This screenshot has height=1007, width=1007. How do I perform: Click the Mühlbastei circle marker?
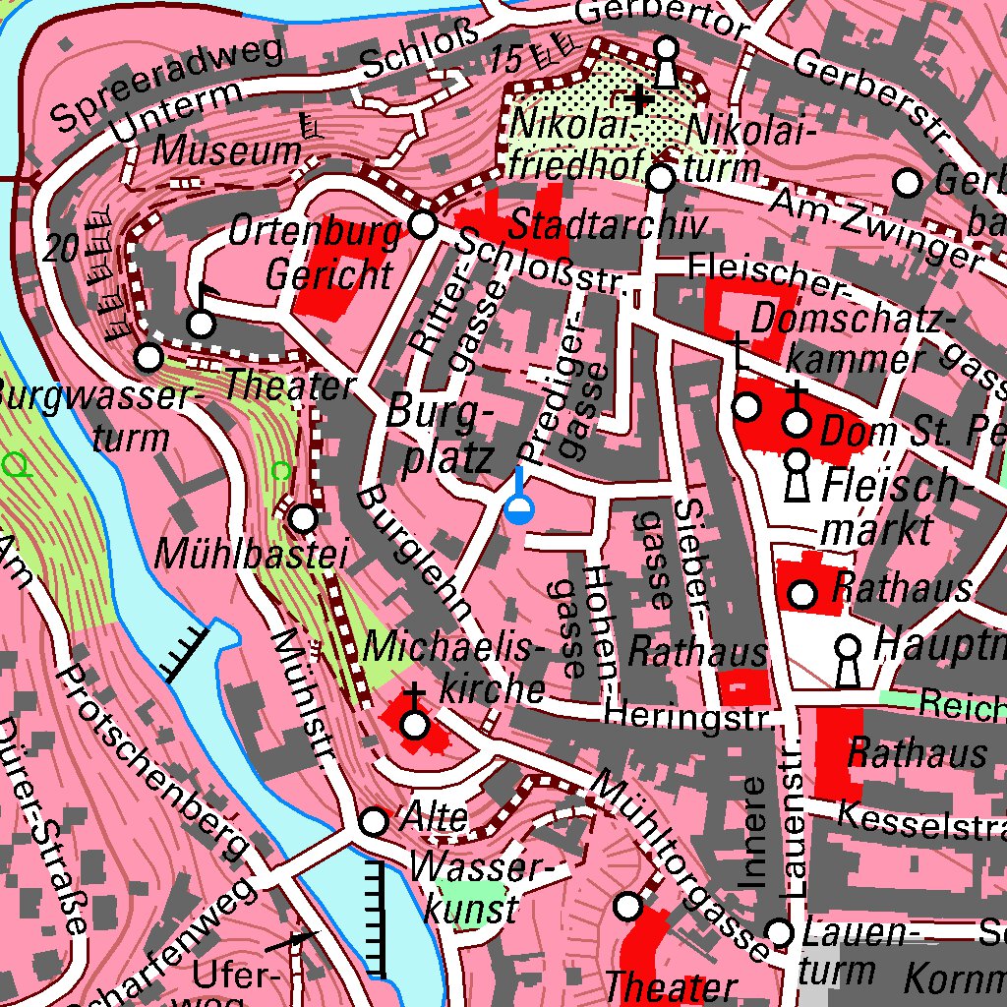pos(304,517)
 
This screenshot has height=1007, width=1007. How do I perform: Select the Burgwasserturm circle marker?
pos(149,357)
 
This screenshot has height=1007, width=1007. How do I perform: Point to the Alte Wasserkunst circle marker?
pos(374,821)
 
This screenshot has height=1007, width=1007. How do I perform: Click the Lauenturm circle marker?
pos(780,931)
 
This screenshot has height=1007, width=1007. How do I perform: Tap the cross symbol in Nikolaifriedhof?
pos(639,98)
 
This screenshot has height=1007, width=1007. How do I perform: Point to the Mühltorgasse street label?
pos(679,864)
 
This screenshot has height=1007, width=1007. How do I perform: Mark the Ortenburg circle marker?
pos(423,225)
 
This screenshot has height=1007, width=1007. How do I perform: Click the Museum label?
pos(227,151)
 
